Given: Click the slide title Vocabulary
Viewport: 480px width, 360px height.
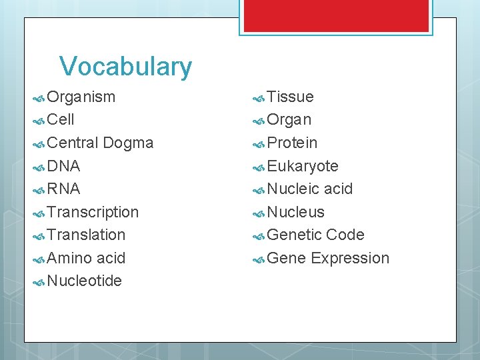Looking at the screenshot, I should click(x=125, y=67).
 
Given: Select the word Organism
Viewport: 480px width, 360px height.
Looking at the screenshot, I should click(x=81, y=97).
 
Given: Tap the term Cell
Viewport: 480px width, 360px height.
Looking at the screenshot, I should click(x=61, y=120).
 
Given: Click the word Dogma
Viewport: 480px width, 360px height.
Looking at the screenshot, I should click(x=129, y=143).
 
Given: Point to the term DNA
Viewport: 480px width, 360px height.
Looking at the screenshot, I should click(x=64, y=166).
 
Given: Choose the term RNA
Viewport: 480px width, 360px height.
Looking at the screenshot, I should click(x=64, y=189).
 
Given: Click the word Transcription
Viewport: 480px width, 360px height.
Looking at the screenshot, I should click(x=93, y=212).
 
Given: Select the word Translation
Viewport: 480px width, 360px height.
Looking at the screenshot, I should click(x=87, y=235).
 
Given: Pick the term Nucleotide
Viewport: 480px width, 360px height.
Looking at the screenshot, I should click(x=85, y=281).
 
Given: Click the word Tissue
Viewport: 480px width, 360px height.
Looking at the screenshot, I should click(x=290, y=97).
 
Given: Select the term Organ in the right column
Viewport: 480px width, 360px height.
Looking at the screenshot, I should click(x=289, y=120).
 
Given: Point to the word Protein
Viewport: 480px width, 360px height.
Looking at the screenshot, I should click(x=292, y=143).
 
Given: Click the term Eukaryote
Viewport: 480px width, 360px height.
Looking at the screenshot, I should click(x=303, y=166).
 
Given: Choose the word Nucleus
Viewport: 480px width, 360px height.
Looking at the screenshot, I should click(x=295, y=212).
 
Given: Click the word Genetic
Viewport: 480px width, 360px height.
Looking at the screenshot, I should click(x=294, y=235).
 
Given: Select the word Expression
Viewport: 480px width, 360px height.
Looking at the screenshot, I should click(x=350, y=259).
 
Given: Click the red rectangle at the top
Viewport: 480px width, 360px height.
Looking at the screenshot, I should click(x=335, y=15).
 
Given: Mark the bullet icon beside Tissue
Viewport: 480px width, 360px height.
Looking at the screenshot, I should click(x=259, y=98).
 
